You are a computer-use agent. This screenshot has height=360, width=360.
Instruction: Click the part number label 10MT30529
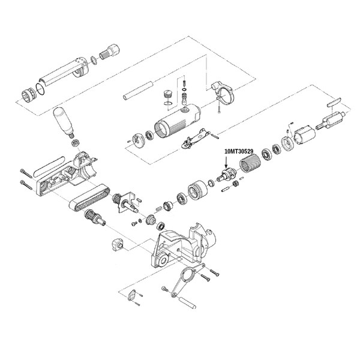[x=239, y=152]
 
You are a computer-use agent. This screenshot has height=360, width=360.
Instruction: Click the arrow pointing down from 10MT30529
[x=226, y=163]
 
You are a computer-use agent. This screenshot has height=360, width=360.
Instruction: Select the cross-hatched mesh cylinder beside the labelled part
[x=249, y=163]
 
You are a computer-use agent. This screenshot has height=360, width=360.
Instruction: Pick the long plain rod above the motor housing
[x=138, y=91]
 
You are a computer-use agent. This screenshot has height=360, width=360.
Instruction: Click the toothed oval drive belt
[x=90, y=197]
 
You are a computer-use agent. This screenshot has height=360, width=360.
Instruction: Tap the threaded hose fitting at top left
[x=110, y=53]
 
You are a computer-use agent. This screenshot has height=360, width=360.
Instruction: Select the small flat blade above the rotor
[x=334, y=101]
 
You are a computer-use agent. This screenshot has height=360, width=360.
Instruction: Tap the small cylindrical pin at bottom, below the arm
[x=188, y=303]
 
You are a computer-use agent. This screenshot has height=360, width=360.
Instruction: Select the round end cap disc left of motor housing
[x=139, y=140]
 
